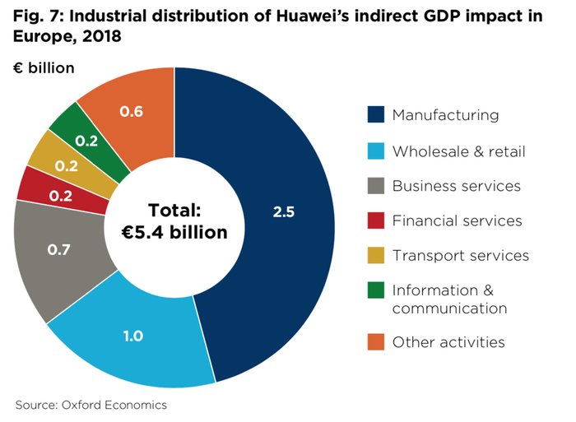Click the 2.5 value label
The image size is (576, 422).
(284, 211)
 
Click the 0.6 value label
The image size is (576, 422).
(132, 112)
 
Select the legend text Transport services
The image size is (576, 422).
(460, 255)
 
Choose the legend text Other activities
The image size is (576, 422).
(448, 341)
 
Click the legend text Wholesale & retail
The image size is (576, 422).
(458, 151)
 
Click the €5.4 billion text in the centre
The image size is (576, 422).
(174, 233)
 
